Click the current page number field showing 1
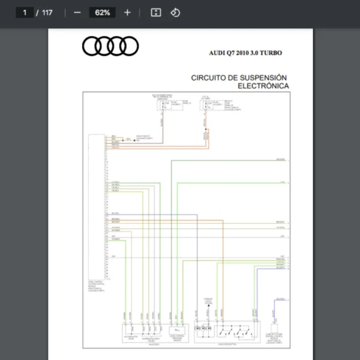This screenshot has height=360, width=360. tap(25, 12)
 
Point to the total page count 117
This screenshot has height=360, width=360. tap(47, 12)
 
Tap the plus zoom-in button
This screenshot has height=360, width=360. tap(127, 12)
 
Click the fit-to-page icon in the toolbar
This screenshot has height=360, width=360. tap(155, 12)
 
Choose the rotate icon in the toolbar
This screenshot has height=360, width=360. tap(175, 12)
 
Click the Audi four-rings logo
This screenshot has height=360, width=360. tap(110, 46)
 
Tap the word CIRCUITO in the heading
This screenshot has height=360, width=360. tap(209, 77)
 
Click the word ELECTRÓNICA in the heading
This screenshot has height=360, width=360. tap(263, 86)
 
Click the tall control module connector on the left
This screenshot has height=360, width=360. tap(97, 204)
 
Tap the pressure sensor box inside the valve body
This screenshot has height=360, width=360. tap(178, 330)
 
